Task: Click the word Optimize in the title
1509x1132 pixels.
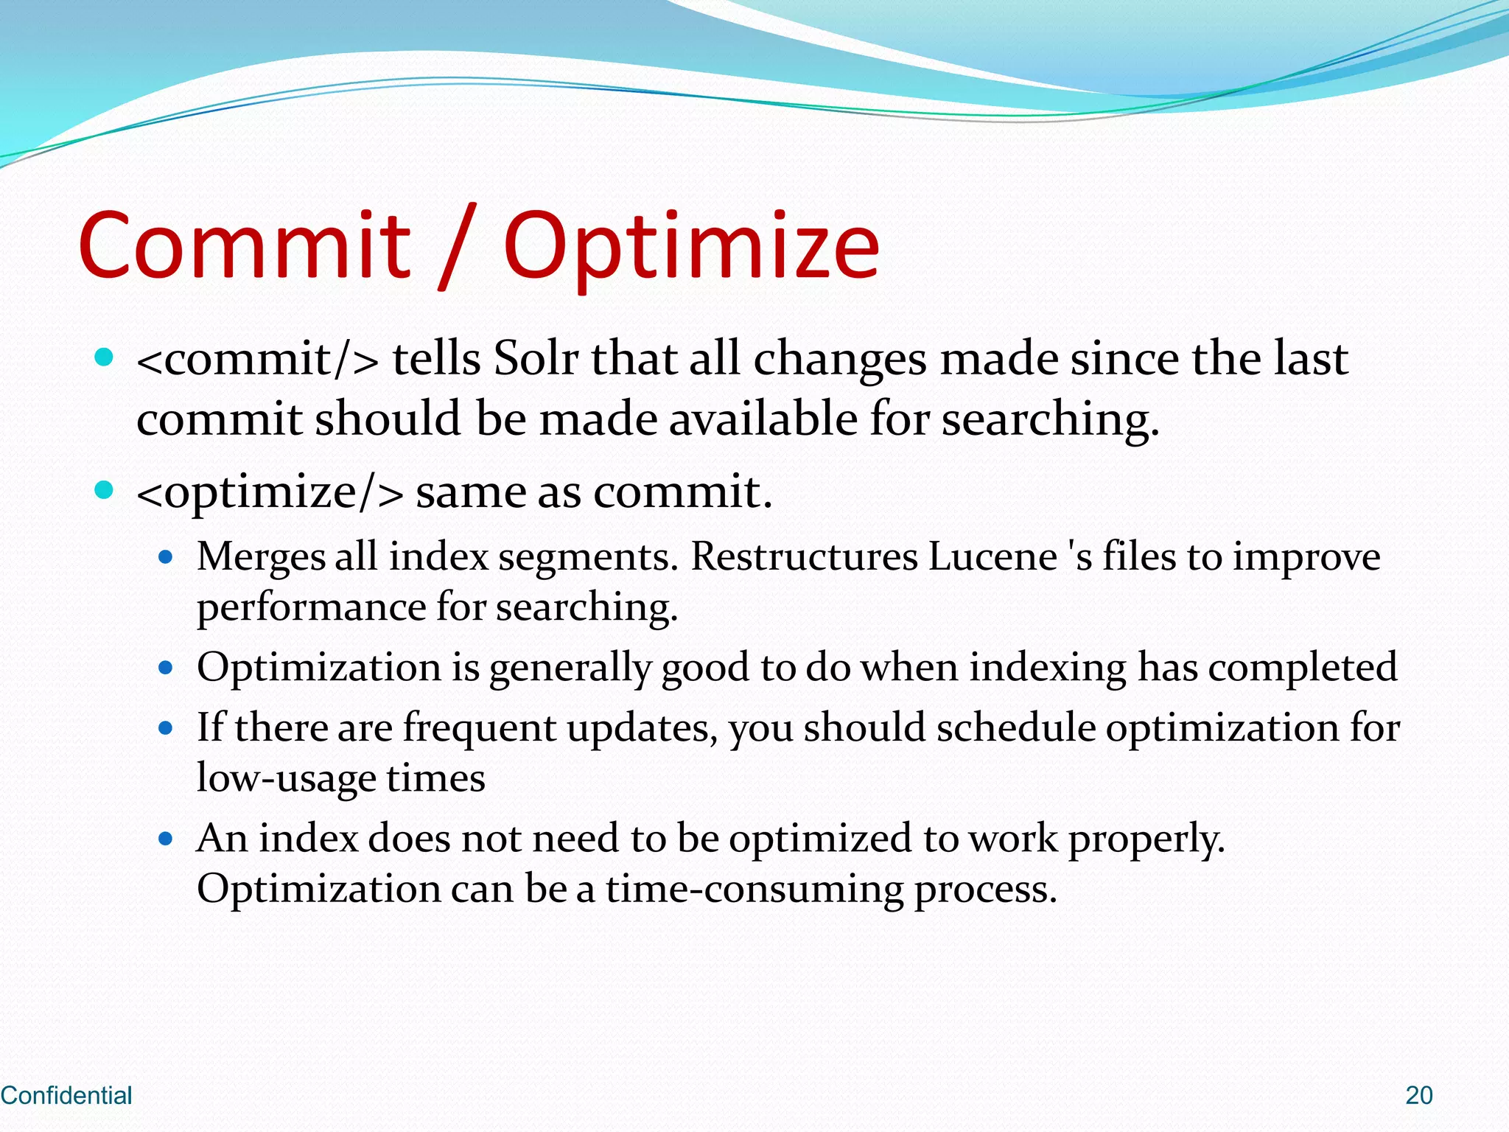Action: pyautogui.click(x=691, y=247)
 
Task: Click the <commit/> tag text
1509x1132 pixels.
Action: pyautogui.click(x=258, y=359)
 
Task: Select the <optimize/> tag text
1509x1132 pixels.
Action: pyautogui.click(x=270, y=492)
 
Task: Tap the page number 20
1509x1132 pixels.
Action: pyautogui.click(x=1418, y=1095)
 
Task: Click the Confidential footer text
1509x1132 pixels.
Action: pyautogui.click(x=66, y=1095)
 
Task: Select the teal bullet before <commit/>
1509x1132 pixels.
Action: pyautogui.click(x=105, y=357)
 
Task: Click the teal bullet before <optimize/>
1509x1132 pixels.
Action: pyautogui.click(x=105, y=490)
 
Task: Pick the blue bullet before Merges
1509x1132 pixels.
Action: pyautogui.click(x=166, y=557)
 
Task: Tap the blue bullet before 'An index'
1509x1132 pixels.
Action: pyautogui.click(x=166, y=839)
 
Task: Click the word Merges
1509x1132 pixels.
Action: pyautogui.click(x=261, y=557)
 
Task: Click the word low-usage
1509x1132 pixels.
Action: pyautogui.click(x=286, y=778)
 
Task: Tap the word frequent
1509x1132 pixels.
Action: pyautogui.click(x=479, y=728)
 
